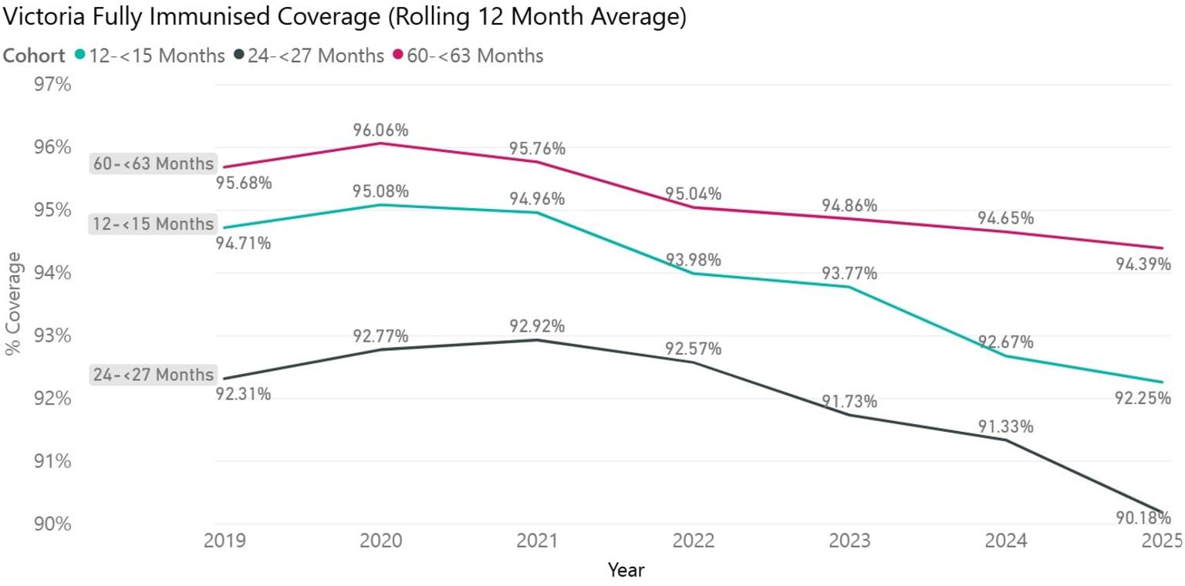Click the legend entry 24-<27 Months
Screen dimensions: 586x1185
click(x=316, y=56)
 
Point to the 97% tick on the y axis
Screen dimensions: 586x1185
click(x=52, y=84)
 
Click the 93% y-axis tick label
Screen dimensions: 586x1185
click(x=52, y=336)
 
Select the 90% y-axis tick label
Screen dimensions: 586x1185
click(x=52, y=524)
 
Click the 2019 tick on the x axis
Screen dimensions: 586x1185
click(x=225, y=541)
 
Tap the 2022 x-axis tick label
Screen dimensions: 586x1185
click(x=693, y=541)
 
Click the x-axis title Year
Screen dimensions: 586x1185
click(x=626, y=571)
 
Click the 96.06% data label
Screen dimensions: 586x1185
click(x=380, y=130)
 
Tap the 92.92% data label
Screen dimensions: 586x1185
click(x=537, y=326)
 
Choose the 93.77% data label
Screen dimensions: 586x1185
click(x=849, y=273)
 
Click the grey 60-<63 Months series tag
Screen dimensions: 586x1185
click(x=153, y=164)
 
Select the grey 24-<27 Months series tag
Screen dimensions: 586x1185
click(x=153, y=375)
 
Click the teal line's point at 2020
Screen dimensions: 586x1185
click(x=380, y=205)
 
